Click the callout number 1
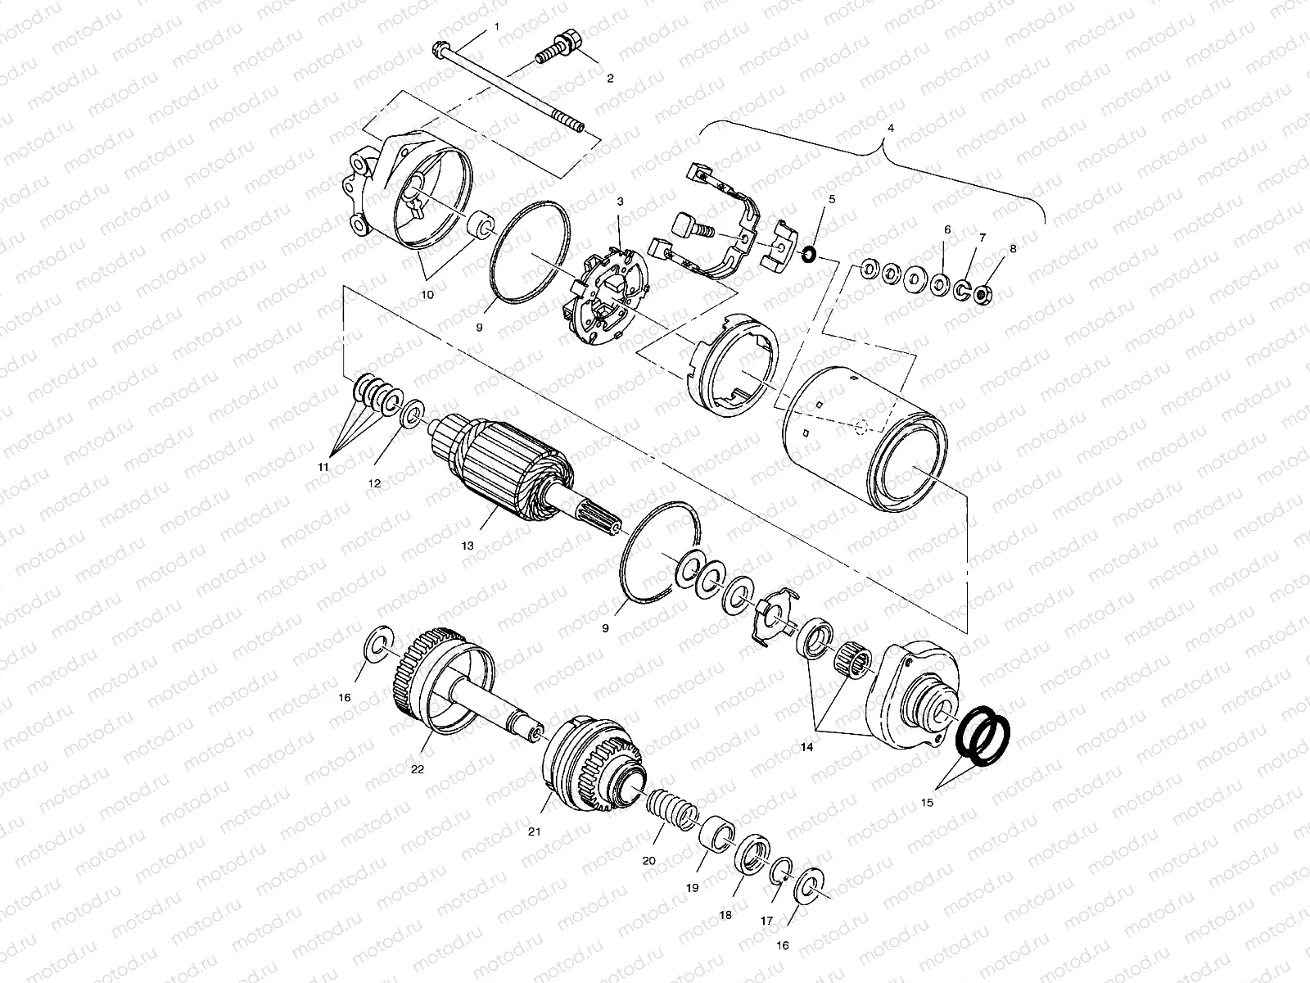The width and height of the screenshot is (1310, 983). click(x=496, y=27)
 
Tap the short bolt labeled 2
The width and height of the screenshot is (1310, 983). click(x=562, y=48)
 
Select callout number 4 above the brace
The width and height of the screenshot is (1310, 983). click(x=891, y=129)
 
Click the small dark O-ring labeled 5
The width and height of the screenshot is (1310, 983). click(x=806, y=254)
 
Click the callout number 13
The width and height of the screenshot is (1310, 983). click(x=467, y=545)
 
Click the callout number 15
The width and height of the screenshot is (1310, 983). click(x=927, y=804)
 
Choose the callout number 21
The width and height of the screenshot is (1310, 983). click(x=534, y=831)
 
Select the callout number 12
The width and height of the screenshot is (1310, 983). click(x=374, y=483)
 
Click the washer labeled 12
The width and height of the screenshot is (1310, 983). click(x=412, y=410)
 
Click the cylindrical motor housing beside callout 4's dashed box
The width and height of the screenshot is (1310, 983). click(x=868, y=434)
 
